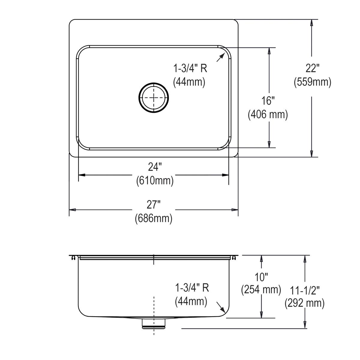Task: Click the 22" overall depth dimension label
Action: (312, 68)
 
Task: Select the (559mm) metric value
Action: (312, 82)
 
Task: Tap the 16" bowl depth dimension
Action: (268, 101)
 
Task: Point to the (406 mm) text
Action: (268, 114)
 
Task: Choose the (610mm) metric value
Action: (154, 181)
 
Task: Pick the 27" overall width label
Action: (154, 205)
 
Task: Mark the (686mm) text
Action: (154, 218)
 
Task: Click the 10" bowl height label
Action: (261, 277)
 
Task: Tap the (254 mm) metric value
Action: (261, 289)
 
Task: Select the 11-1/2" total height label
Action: (305, 290)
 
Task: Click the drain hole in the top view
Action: (154, 97)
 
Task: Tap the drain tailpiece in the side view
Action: (154, 323)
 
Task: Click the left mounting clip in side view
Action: (73, 258)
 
